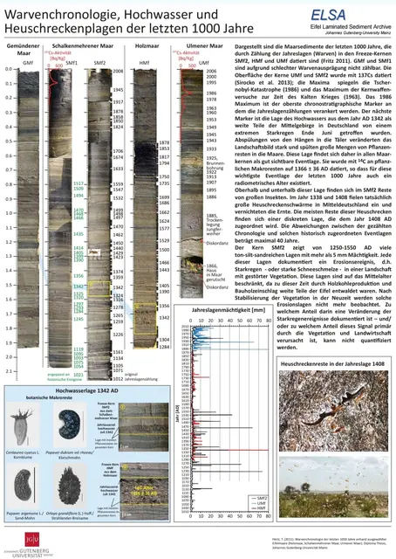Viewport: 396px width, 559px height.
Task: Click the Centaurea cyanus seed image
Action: tap(28, 424)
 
